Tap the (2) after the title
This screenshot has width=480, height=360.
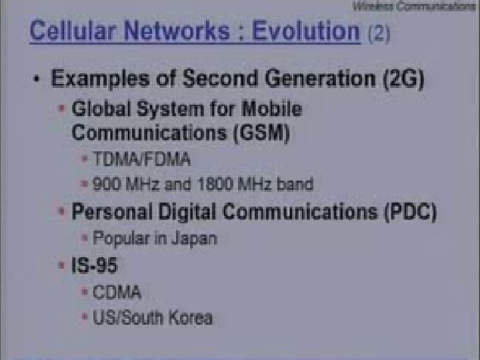pyautogui.click(x=379, y=33)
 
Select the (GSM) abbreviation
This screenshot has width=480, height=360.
pyautogui.click(x=261, y=133)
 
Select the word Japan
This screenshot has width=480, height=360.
pyautogui.click(x=194, y=237)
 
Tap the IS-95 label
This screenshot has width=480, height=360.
pyautogui.click(x=95, y=266)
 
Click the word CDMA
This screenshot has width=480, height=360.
pyautogui.click(x=117, y=292)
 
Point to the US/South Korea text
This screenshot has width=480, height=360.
pyautogui.click(x=153, y=317)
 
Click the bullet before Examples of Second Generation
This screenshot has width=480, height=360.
pyautogui.click(x=37, y=80)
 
